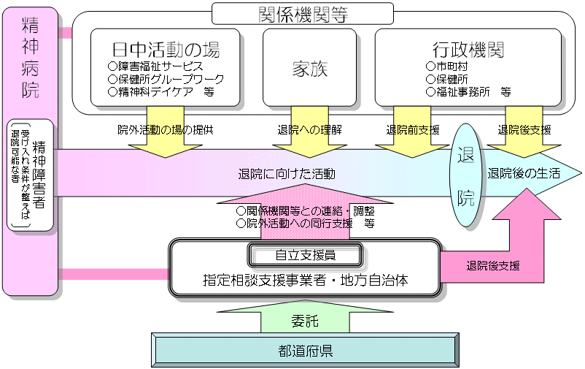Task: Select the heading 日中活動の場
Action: [166, 50]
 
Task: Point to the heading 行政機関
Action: [468, 50]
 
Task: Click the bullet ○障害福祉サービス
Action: [155, 66]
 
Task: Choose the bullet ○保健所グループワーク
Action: [165, 79]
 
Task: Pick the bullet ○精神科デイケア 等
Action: [160, 92]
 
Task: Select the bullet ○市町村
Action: [447, 66]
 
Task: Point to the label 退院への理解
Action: [310, 130]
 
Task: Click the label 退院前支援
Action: [413, 130]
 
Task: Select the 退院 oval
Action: [466, 175]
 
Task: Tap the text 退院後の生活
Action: [524, 174]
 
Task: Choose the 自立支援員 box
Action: [306, 255]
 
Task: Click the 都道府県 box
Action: [306, 350]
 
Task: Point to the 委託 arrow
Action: [306, 319]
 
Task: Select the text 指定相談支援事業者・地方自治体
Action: [306, 279]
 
